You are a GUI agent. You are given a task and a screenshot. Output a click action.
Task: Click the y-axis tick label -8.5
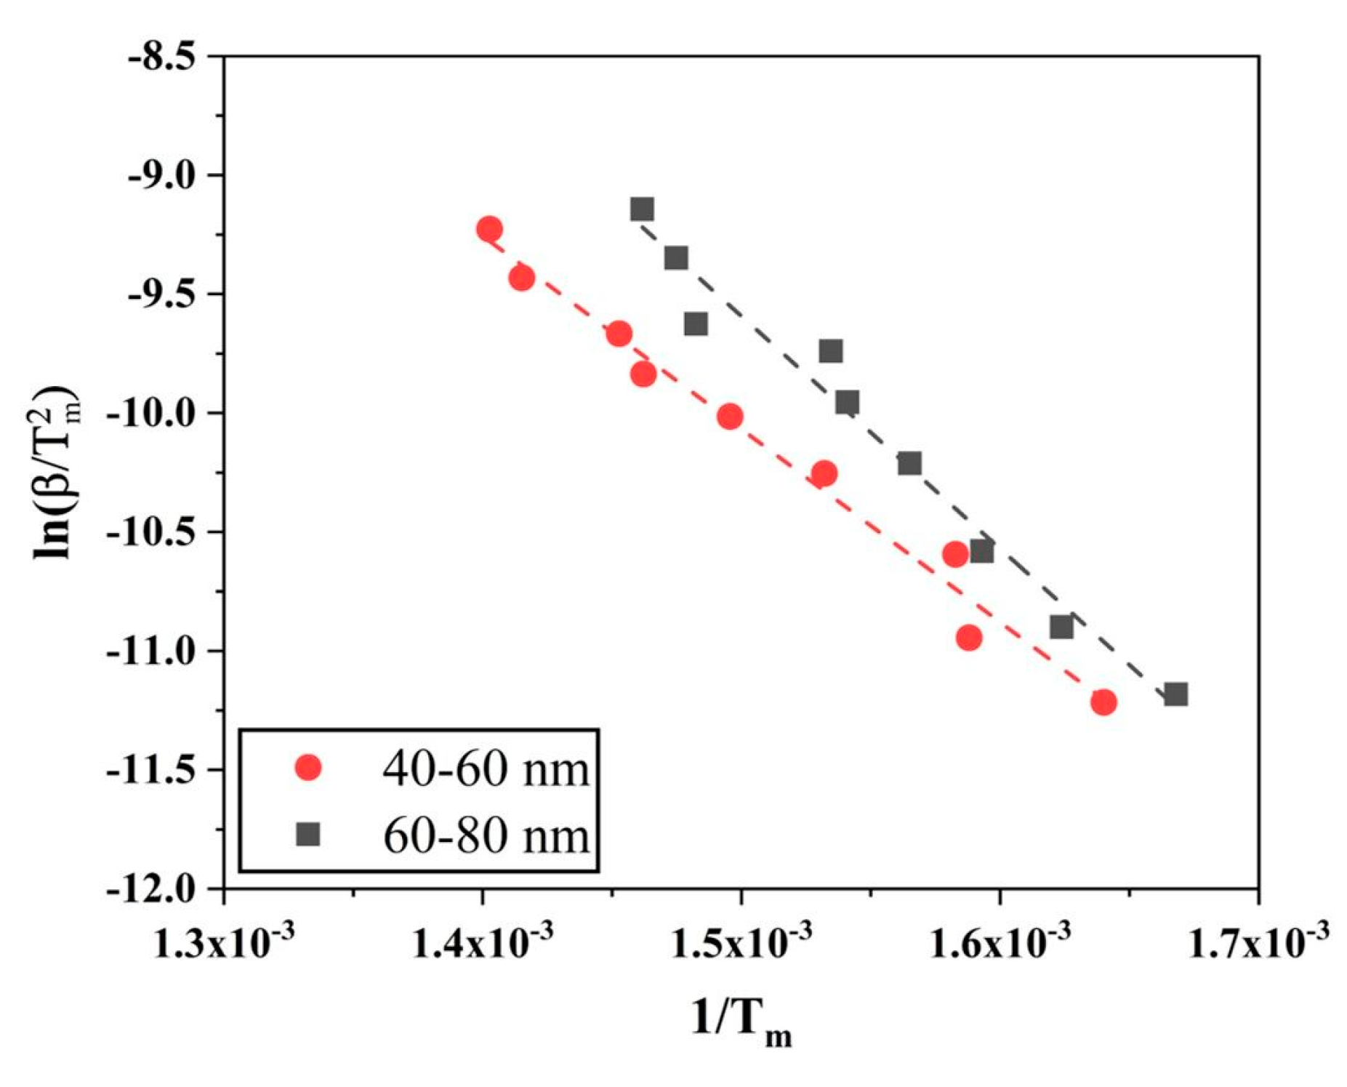[162, 57]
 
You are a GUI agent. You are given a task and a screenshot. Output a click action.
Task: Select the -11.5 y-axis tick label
[153, 771]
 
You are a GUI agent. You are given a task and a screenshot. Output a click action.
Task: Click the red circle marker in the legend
[309, 767]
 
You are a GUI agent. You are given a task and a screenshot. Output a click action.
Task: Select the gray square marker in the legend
[309, 834]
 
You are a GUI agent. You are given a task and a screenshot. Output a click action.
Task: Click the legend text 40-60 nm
[486, 768]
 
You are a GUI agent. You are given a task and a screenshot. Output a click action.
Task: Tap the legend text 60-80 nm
[486, 835]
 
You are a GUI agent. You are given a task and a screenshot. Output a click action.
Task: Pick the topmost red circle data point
[489, 229]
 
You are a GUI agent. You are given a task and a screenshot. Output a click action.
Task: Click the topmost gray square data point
[642, 209]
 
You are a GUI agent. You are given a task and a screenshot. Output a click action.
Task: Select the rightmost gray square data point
[1176, 694]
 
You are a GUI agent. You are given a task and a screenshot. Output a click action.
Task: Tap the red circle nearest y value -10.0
[730, 417]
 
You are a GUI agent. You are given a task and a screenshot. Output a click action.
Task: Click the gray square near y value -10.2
[909, 463]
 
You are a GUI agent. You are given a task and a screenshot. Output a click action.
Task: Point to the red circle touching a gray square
[955, 554]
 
